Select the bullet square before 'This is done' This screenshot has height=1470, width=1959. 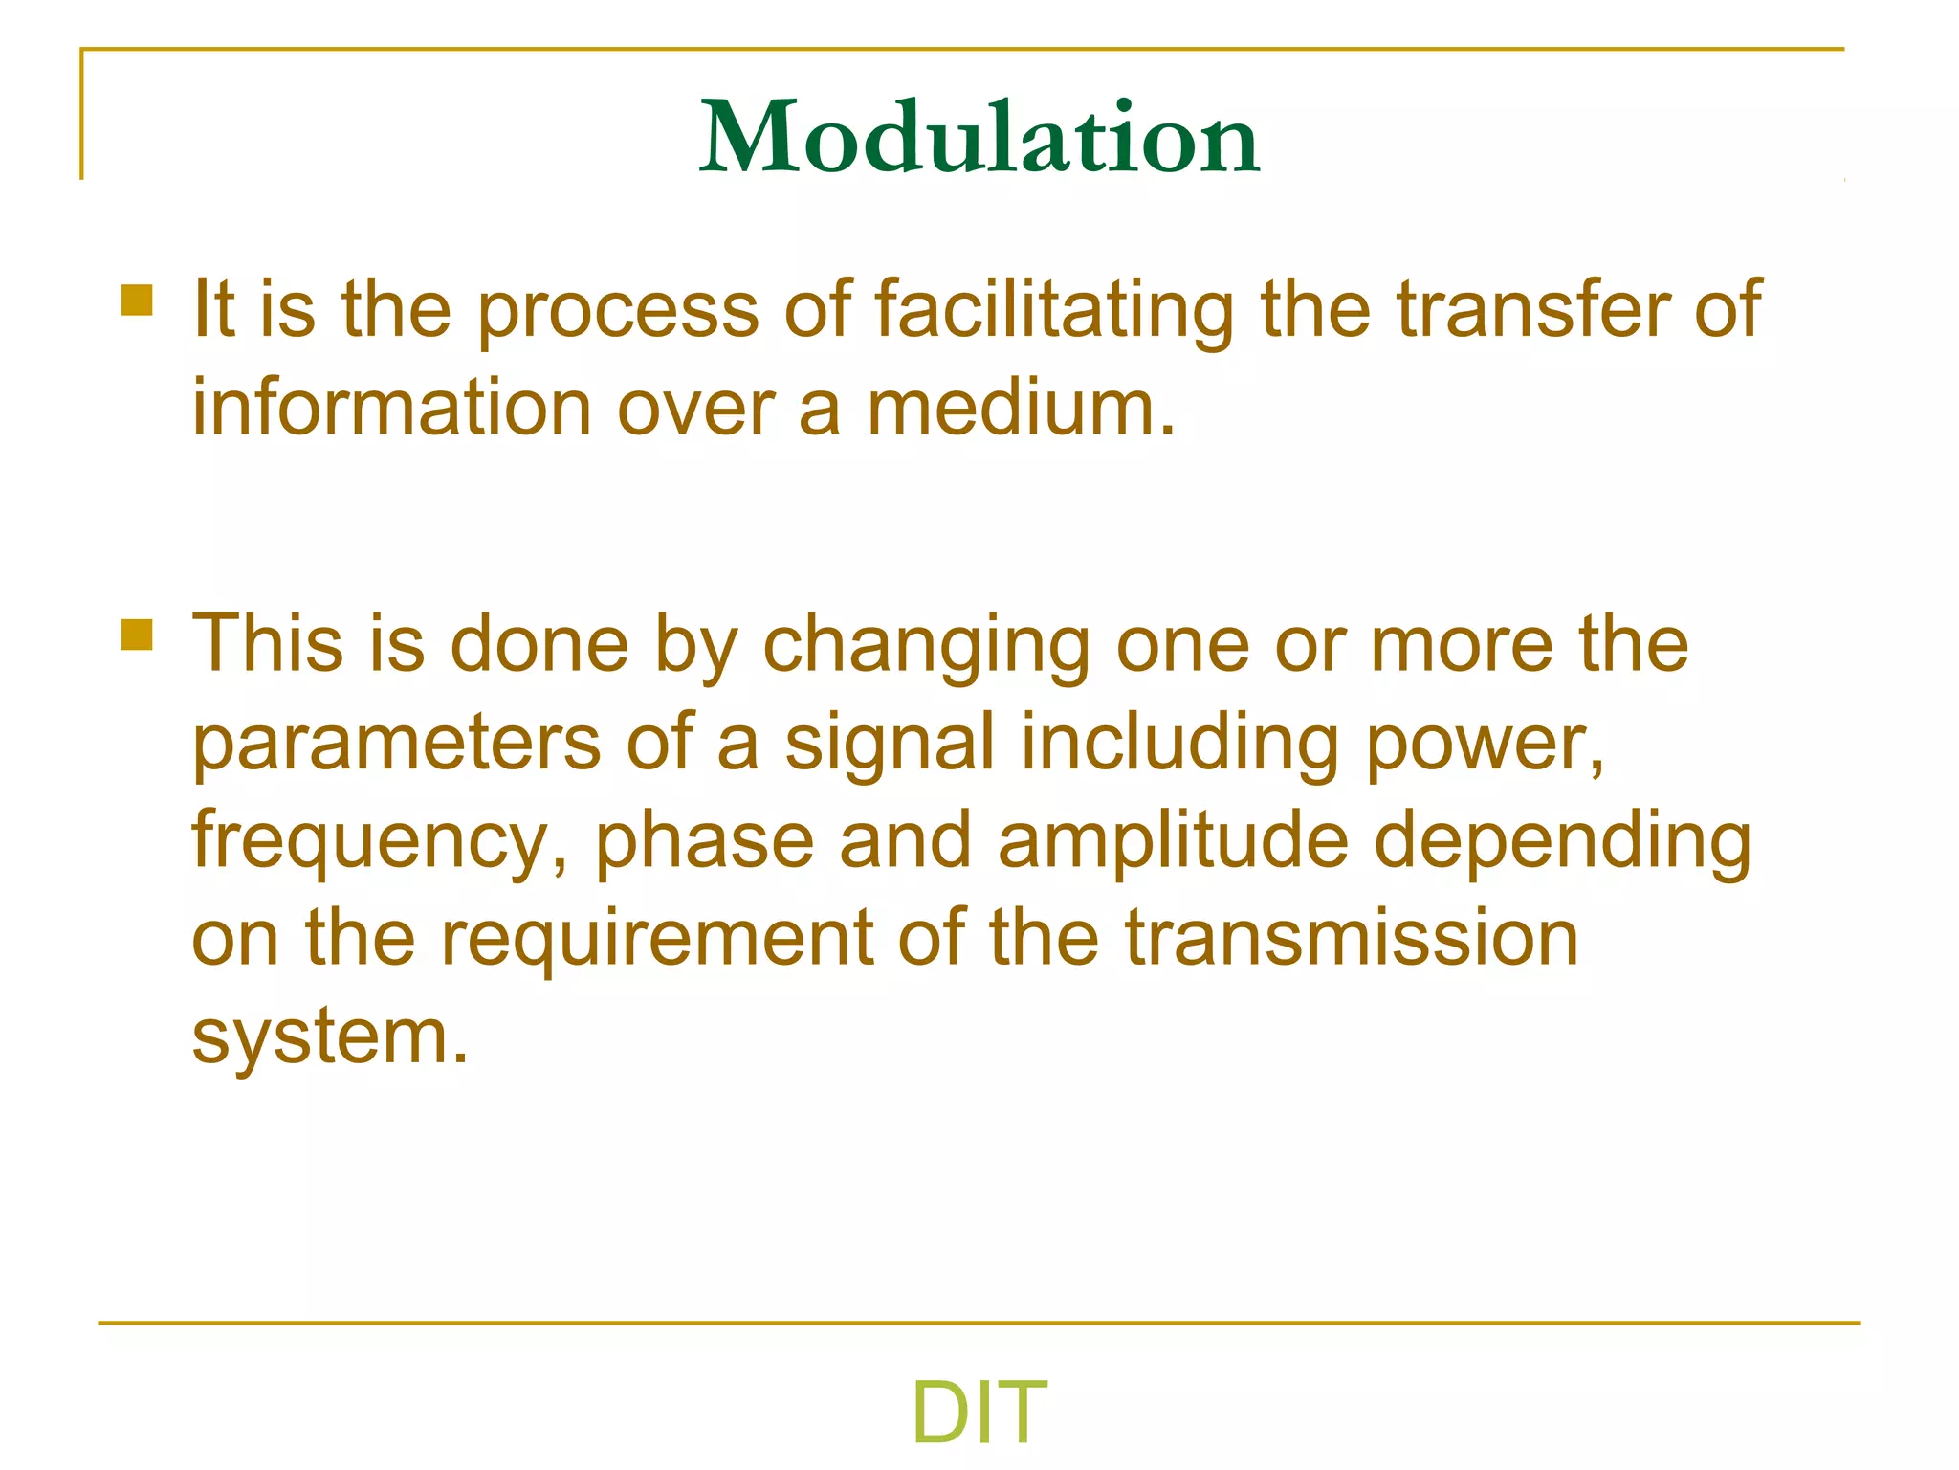(138, 635)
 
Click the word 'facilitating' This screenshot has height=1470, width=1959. (1054, 309)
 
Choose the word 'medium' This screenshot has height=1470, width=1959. (1018, 408)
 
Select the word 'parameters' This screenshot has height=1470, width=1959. (397, 745)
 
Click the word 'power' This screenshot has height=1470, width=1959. (1483, 745)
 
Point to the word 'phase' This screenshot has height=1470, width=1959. (705, 840)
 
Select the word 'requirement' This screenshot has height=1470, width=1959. (657, 940)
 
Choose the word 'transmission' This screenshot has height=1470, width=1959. (1351, 938)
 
